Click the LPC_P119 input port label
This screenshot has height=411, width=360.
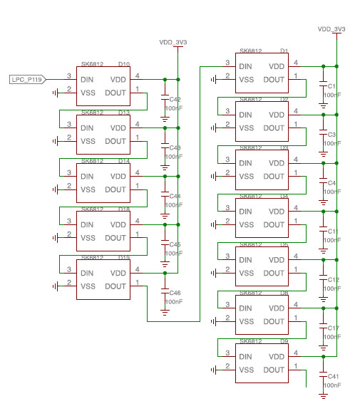tap(27, 79)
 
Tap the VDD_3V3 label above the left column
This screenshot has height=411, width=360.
tap(173, 43)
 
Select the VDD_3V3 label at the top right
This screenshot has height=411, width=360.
tap(331, 29)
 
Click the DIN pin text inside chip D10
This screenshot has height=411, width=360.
tap(88, 79)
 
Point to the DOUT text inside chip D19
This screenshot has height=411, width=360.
tap(115, 286)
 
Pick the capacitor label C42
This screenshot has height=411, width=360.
tap(174, 100)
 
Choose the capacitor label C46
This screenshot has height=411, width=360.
tap(174, 293)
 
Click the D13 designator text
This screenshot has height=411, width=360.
tap(124, 113)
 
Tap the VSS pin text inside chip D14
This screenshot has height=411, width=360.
tap(88, 189)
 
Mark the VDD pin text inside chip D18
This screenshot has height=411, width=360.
tap(118, 224)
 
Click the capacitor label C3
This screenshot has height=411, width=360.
tap(331, 135)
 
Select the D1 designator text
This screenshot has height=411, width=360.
tap(284, 51)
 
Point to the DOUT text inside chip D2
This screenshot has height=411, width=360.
tap(274, 128)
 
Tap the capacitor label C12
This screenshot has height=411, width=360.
tap(332, 280)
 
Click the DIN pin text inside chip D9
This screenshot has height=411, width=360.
tap(246, 357)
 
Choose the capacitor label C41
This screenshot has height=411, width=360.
tap(332, 376)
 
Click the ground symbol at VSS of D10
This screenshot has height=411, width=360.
tap(56, 93)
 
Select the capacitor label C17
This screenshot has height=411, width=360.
tap(332, 328)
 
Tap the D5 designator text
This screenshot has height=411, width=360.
tap(284, 244)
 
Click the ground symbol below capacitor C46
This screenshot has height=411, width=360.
tap(165, 311)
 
